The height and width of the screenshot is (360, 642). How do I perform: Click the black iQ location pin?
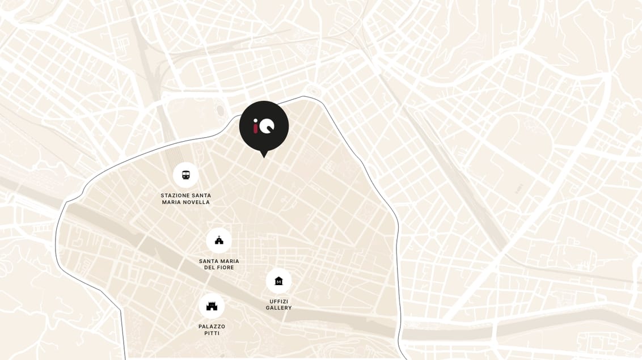click(x=264, y=126)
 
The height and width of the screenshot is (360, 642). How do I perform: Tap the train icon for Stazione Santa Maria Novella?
click(x=185, y=175)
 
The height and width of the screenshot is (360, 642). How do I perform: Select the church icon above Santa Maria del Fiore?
click(x=219, y=240)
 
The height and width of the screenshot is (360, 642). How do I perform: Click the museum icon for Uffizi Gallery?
click(x=278, y=281)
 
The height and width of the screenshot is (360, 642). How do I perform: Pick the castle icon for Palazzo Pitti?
click(x=212, y=306)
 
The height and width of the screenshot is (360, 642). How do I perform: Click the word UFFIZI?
click(x=278, y=301)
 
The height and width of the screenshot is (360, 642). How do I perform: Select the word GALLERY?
click(x=278, y=308)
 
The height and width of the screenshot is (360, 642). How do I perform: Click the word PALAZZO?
click(x=212, y=327)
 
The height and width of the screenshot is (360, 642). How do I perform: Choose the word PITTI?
click(x=212, y=333)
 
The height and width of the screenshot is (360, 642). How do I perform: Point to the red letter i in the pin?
click(x=256, y=126)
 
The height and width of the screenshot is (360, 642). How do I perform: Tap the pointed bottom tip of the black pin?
click(x=263, y=156)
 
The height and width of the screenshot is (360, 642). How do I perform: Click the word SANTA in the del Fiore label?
click(x=209, y=261)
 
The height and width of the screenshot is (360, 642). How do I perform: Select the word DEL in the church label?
click(x=210, y=268)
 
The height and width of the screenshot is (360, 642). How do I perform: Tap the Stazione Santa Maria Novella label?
click(x=185, y=199)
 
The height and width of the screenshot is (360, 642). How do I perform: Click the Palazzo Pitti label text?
click(x=212, y=330)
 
